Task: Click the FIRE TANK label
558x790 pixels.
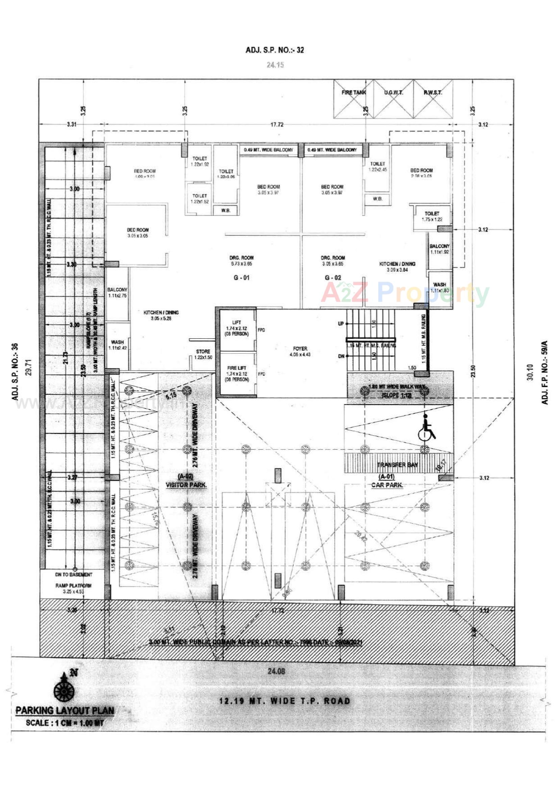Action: (x=354, y=92)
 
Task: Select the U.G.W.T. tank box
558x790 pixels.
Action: (x=393, y=99)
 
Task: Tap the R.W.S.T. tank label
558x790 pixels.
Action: (x=433, y=92)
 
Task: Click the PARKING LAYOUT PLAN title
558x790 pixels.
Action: (x=65, y=711)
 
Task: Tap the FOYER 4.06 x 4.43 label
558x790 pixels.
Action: (x=300, y=351)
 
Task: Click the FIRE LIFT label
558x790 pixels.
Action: (x=237, y=368)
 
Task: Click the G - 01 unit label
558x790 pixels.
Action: (x=242, y=278)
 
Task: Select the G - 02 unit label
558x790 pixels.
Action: (x=333, y=278)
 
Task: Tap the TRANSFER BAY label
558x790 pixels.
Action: (x=397, y=465)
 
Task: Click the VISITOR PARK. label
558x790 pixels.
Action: (x=186, y=485)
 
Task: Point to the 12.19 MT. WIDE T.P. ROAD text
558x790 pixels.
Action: (x=285, y=701)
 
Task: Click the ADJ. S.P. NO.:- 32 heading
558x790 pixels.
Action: (x=275, y=50)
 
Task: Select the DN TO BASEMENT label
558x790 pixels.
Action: (x=74, y=575)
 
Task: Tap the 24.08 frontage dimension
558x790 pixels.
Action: (x=276, y=671)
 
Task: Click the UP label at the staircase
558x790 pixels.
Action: (x=340, y=324)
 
